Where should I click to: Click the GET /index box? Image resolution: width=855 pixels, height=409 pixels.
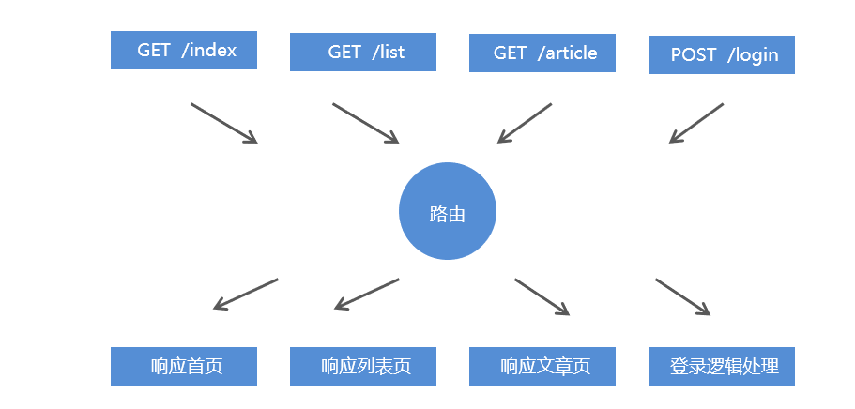point(184,51)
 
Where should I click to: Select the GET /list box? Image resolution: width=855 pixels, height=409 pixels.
point(363,53)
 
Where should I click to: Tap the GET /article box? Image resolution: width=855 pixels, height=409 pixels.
point(542,53)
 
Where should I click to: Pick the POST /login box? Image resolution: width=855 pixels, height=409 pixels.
point(722,54)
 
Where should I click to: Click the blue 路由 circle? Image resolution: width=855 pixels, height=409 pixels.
point(448,213)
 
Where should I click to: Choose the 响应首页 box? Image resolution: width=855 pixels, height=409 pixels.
point(184,366)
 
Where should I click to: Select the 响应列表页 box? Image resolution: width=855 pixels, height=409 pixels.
point(363,366)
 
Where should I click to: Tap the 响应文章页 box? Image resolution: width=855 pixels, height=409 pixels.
point(542,366)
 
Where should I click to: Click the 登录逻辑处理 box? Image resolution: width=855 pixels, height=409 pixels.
point(722,366)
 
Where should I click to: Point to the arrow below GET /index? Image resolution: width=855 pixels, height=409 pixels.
point(223,123)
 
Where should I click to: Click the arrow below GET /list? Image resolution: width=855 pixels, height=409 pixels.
point(365,123)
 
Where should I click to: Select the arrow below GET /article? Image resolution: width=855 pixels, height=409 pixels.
point(525,123)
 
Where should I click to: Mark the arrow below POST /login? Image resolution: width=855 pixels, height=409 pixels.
point(696,123)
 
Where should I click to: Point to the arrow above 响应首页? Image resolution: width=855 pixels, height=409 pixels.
point(246,294)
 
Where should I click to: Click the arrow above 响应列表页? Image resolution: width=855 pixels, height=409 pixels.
point(367,294)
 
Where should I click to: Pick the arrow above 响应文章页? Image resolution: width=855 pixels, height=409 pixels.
point(542,296)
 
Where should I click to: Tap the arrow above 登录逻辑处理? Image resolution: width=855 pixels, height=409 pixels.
point(682,296)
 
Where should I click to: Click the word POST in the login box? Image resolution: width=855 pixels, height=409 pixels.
point(693,54)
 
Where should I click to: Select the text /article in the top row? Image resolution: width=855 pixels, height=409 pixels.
point(568,53)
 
